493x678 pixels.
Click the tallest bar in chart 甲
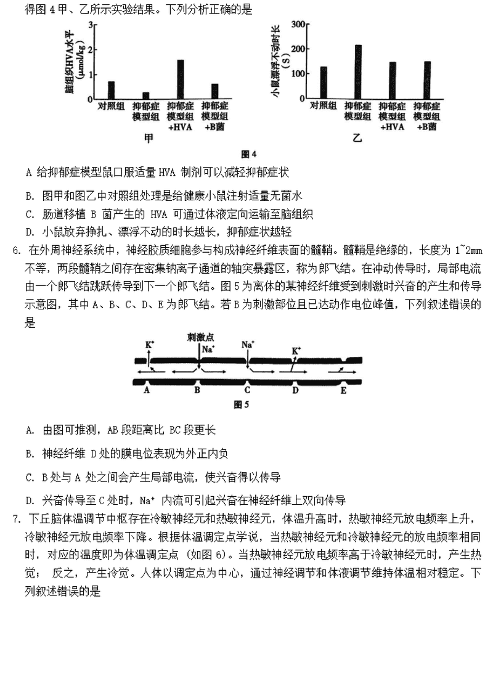(180, 80)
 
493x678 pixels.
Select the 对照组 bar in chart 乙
(324, 83)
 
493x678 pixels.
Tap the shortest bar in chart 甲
(146, 96)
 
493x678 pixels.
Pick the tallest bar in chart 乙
(358, 71)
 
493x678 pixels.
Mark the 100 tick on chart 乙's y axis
(298, 73)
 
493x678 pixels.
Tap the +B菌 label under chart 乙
(426, 126)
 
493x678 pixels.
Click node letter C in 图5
(247, 390)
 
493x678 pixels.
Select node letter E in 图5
(343, 390)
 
